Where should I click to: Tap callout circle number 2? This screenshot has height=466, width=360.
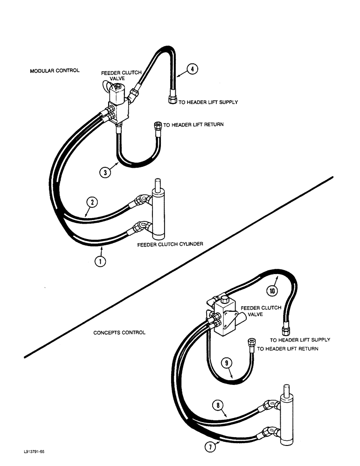pos(92,202)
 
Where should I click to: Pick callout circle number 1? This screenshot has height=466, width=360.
pos(100,261)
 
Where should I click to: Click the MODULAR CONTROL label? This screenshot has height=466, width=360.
pos(54,71)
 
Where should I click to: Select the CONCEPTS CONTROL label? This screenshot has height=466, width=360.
pos(119,333)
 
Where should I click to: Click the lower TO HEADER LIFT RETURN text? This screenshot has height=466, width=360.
pos(288,349)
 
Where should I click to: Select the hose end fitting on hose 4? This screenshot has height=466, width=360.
pos(172,100)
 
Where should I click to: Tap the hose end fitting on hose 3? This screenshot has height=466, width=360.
pos(158,125)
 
